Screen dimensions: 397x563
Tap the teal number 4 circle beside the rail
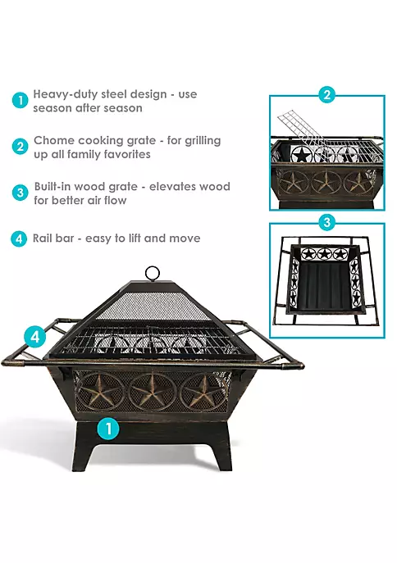[x=34, y=337]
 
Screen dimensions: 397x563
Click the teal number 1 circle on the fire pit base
[x=108, y=429]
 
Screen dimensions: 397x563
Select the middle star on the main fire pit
[x=153, y=392]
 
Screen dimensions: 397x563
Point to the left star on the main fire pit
[x=99, y=392]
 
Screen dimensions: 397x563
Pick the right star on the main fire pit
[x=203, y=391]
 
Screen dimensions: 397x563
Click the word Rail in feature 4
[x=43, y=238]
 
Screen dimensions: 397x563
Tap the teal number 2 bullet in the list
[x=20, y=147]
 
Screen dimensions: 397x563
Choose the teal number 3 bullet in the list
[x=20, y=193]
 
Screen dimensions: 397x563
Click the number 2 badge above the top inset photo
[x=326, y=95]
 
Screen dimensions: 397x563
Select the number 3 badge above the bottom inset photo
[x=326, y=222]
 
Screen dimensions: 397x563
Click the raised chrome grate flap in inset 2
[x=302, y=129]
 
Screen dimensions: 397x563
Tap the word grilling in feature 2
[x=203, y=140]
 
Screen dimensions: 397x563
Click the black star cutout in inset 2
[x=300, y=156]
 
